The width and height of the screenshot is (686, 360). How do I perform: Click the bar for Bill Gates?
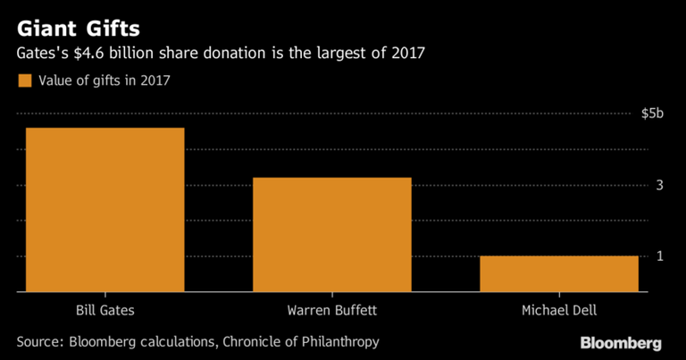coord(105,210)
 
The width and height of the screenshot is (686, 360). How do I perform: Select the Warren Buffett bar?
coord(331,234)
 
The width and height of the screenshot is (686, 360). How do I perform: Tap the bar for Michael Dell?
coord(558,273)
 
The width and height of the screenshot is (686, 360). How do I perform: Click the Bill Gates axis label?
coord(105,311)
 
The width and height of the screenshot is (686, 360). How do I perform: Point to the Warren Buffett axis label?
coord(331,311)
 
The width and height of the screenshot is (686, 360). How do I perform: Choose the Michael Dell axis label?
coord(558,311)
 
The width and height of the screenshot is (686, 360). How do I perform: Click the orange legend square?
coord(23,80)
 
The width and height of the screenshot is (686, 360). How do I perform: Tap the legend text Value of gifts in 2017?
coord(104,80)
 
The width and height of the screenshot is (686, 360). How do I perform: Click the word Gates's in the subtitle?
coord(43,54)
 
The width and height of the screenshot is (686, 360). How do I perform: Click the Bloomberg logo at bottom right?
coord(620,343)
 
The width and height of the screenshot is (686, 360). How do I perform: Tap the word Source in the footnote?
coord(42,341)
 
